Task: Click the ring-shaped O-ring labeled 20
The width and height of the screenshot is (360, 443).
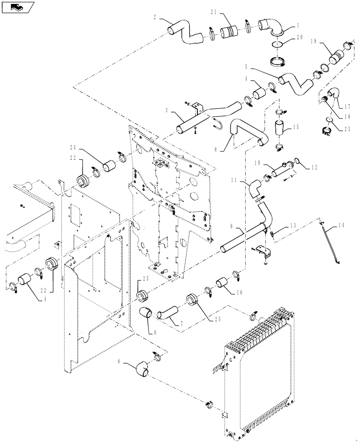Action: click(x=278, y=44)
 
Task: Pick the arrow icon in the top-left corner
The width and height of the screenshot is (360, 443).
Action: click(x=17, y=8)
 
